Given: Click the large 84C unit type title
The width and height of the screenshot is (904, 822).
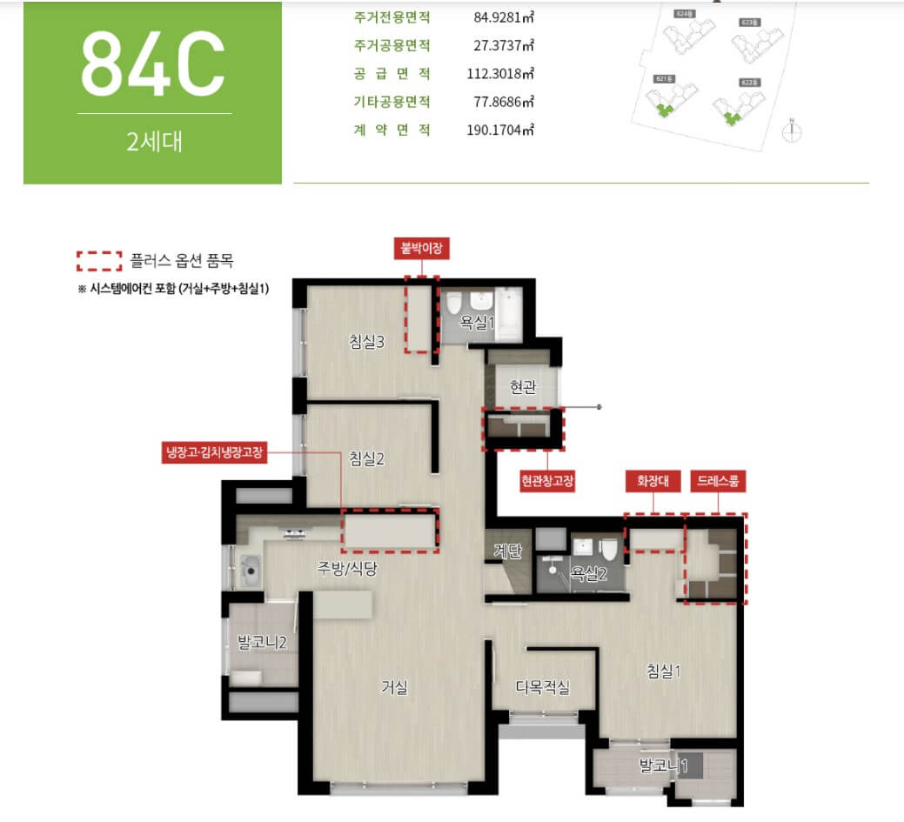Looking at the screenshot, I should click(153, 65).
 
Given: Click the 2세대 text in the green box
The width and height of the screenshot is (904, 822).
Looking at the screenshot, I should click(154, 141).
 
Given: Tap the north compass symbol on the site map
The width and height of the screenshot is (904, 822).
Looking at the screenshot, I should click(792, 131).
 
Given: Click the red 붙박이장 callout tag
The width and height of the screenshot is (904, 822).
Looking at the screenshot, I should click(423, 248).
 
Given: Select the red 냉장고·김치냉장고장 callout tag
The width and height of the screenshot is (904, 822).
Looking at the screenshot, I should click(215, 452).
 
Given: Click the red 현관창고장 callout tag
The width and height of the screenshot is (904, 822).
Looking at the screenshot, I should click(547, 480).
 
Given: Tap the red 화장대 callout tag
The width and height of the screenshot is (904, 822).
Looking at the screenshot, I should click(653, 480).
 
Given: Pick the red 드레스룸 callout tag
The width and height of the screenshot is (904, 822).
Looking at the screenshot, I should click(719, 480).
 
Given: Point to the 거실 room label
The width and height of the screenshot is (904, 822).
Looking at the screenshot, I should click(394, 686).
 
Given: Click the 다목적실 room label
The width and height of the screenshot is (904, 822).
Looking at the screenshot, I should click(543, 687).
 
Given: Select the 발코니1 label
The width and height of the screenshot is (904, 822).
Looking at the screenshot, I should click(664, 766).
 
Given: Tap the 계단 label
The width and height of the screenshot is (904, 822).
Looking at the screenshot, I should click(506, 550).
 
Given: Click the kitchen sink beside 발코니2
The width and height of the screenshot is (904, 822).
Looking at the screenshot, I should click(251, 572).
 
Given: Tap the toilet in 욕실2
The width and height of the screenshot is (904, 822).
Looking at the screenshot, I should click(610, 548).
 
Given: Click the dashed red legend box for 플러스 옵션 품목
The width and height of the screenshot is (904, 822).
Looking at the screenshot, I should click(99, 260).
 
